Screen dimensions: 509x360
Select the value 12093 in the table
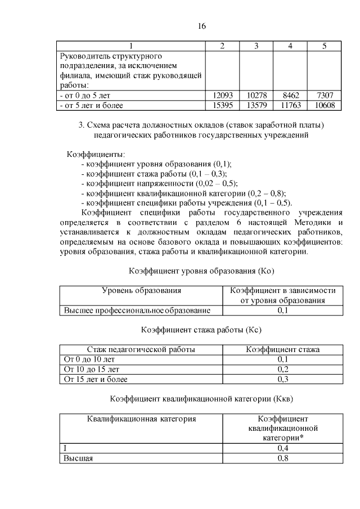pos(222,96)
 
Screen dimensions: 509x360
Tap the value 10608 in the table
pos(325,105)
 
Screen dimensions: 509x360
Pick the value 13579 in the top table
pos(256,105)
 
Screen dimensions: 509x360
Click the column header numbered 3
pos(256,46)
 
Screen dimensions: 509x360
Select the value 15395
pos(222,105)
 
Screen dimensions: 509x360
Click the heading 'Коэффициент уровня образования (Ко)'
pos(201,271)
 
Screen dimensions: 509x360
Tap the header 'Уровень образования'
pos(141,291)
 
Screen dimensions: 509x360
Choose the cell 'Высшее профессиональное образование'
pos(137,310)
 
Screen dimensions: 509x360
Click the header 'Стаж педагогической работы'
pos(141,349)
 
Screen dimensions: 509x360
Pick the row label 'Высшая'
pos(78,458)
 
